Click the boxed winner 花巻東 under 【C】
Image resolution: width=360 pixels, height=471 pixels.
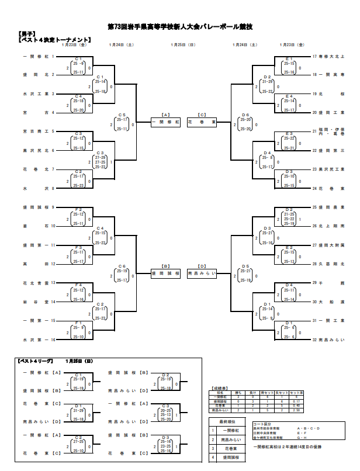click(202, 123)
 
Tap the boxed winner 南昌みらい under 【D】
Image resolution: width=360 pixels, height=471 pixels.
click(202, 273)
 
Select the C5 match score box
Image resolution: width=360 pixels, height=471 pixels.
click(122, 123)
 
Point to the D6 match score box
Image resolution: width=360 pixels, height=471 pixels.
click(245, 123)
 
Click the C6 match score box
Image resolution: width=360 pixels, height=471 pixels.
click(122, 273)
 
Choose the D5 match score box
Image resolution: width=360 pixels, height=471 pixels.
click(245, 273)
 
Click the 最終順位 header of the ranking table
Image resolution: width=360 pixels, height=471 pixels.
click(227, 421)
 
